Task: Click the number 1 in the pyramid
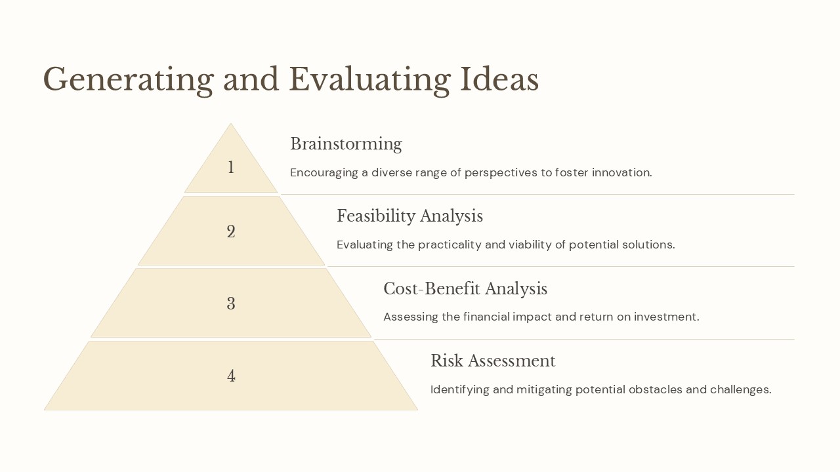point(230,168)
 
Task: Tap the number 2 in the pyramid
point(231,232)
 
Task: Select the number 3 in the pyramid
point(231,304)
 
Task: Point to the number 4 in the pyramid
point(231,376)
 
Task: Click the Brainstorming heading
point(346,144)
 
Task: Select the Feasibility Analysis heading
point(409,216)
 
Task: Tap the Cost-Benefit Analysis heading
point(465,289)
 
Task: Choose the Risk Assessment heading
point(492,361)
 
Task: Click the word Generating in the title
point(128,80)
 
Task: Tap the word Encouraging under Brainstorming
point(324,173)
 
